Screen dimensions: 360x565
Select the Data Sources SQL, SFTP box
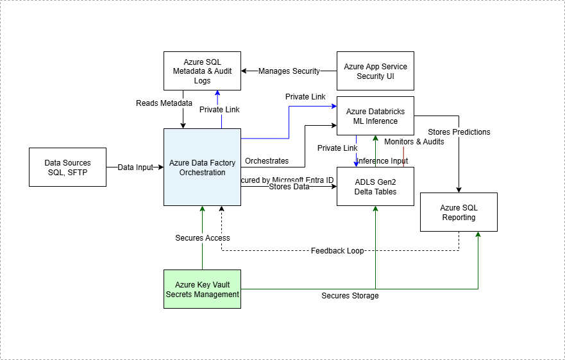(67, 167)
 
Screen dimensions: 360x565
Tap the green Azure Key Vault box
(202, 289)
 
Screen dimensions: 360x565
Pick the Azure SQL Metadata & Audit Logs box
(202, 71)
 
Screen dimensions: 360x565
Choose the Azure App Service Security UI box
(375, 71)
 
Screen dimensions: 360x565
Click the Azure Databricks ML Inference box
(375, 116)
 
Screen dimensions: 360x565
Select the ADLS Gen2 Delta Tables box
(375, 186)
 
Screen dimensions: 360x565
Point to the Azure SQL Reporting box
(459, 212)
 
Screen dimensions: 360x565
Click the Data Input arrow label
(135, 167)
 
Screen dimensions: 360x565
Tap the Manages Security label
(289, 71)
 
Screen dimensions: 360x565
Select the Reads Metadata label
(164, 103)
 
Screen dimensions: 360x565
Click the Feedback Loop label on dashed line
(337, 250)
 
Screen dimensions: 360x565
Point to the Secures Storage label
(350, 296)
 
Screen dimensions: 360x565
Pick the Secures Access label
(203, 238)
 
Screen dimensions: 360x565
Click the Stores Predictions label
(459, 132)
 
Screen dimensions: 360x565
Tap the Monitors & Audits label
(414, 141)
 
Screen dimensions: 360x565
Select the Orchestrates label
(267, 160)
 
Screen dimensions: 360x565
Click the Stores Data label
(289, 187)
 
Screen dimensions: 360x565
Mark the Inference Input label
(382, 160)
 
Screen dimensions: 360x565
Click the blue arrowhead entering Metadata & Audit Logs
(217, 94)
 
